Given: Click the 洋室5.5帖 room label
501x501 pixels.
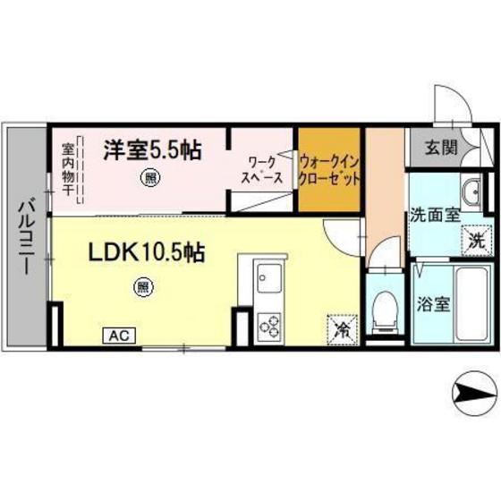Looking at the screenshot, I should tap(151, 149).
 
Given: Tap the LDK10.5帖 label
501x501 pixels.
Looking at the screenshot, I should tap(146, 253).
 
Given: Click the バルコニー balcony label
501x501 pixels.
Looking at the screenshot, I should tap(25, 238).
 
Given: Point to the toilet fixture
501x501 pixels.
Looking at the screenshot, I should tap(385, 310).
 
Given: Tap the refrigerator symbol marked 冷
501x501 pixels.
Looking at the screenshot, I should tap(342, 328).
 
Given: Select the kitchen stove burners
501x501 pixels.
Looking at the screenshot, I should tap(269, 327).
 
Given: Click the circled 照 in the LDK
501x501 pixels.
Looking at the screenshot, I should tap(142, 286).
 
